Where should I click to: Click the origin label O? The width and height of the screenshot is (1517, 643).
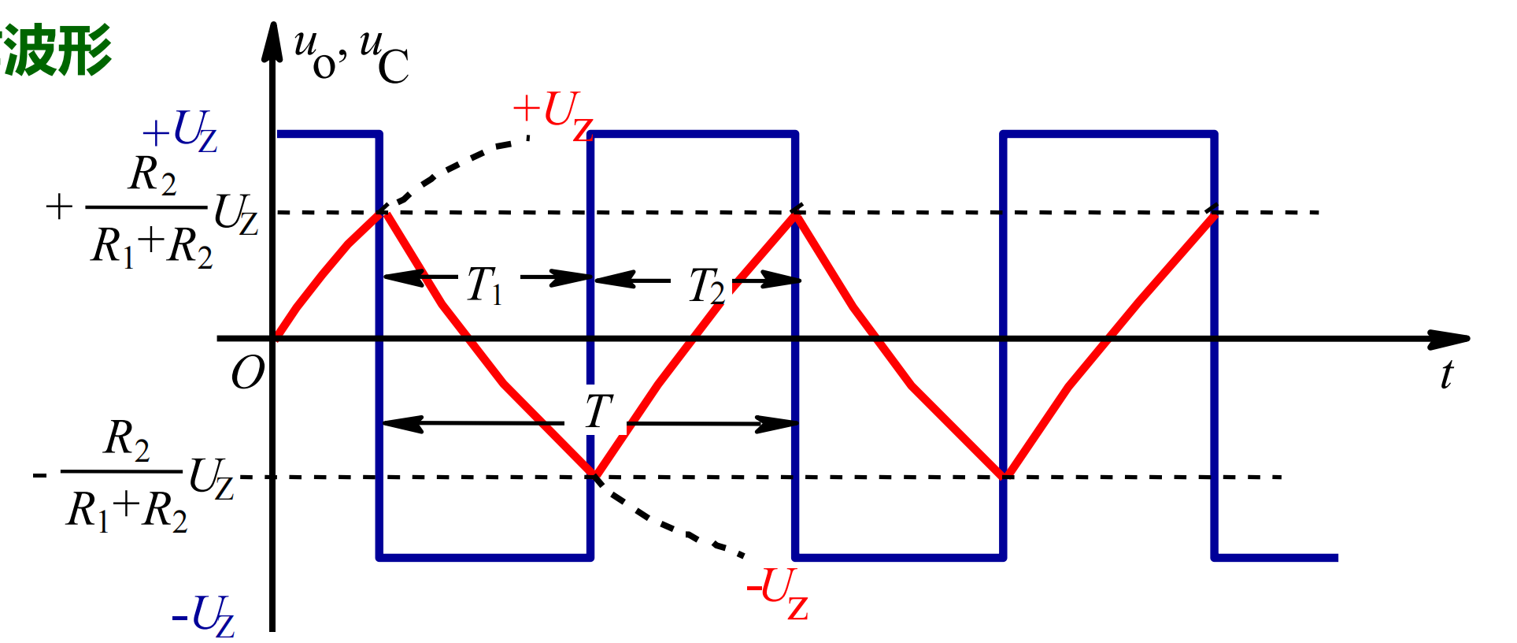tap(248, 373)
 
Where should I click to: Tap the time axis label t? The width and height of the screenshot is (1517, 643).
tap(1446, 374)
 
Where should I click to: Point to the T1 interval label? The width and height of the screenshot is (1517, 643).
tap(483, 284)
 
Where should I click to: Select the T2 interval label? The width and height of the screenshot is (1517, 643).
tap(706, 284)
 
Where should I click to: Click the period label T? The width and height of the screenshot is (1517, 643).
tap(599, 411)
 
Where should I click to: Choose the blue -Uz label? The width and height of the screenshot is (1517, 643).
tap(203, 615)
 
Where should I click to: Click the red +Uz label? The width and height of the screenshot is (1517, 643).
tap(553, 115)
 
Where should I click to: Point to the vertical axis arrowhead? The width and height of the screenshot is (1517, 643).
tap(272, 41)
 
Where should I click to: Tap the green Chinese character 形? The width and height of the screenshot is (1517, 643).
tap(83, 50)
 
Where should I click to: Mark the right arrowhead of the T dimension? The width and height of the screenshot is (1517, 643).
tap(778, 424)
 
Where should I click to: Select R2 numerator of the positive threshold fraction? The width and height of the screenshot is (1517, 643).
tap(152, 175)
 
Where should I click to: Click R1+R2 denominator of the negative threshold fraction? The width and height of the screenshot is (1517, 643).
tap(128, 511)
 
